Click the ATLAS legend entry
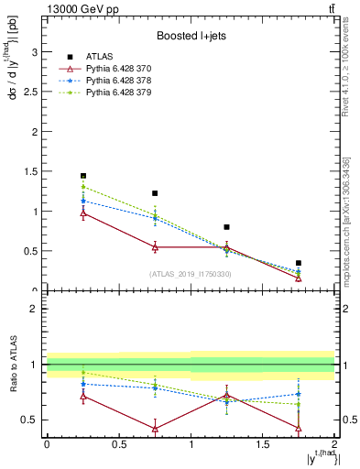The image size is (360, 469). coord(99,57)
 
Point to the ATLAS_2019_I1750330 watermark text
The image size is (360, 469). coord(191,274)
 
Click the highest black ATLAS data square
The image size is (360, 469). coord(83,176)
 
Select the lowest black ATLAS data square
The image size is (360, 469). coord(299,263)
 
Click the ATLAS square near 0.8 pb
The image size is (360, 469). coord(227,227)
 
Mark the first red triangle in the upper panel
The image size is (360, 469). coord(83,213)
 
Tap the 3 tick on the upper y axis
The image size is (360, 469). coord(38,52)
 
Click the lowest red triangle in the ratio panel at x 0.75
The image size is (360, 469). coord(155,429)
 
